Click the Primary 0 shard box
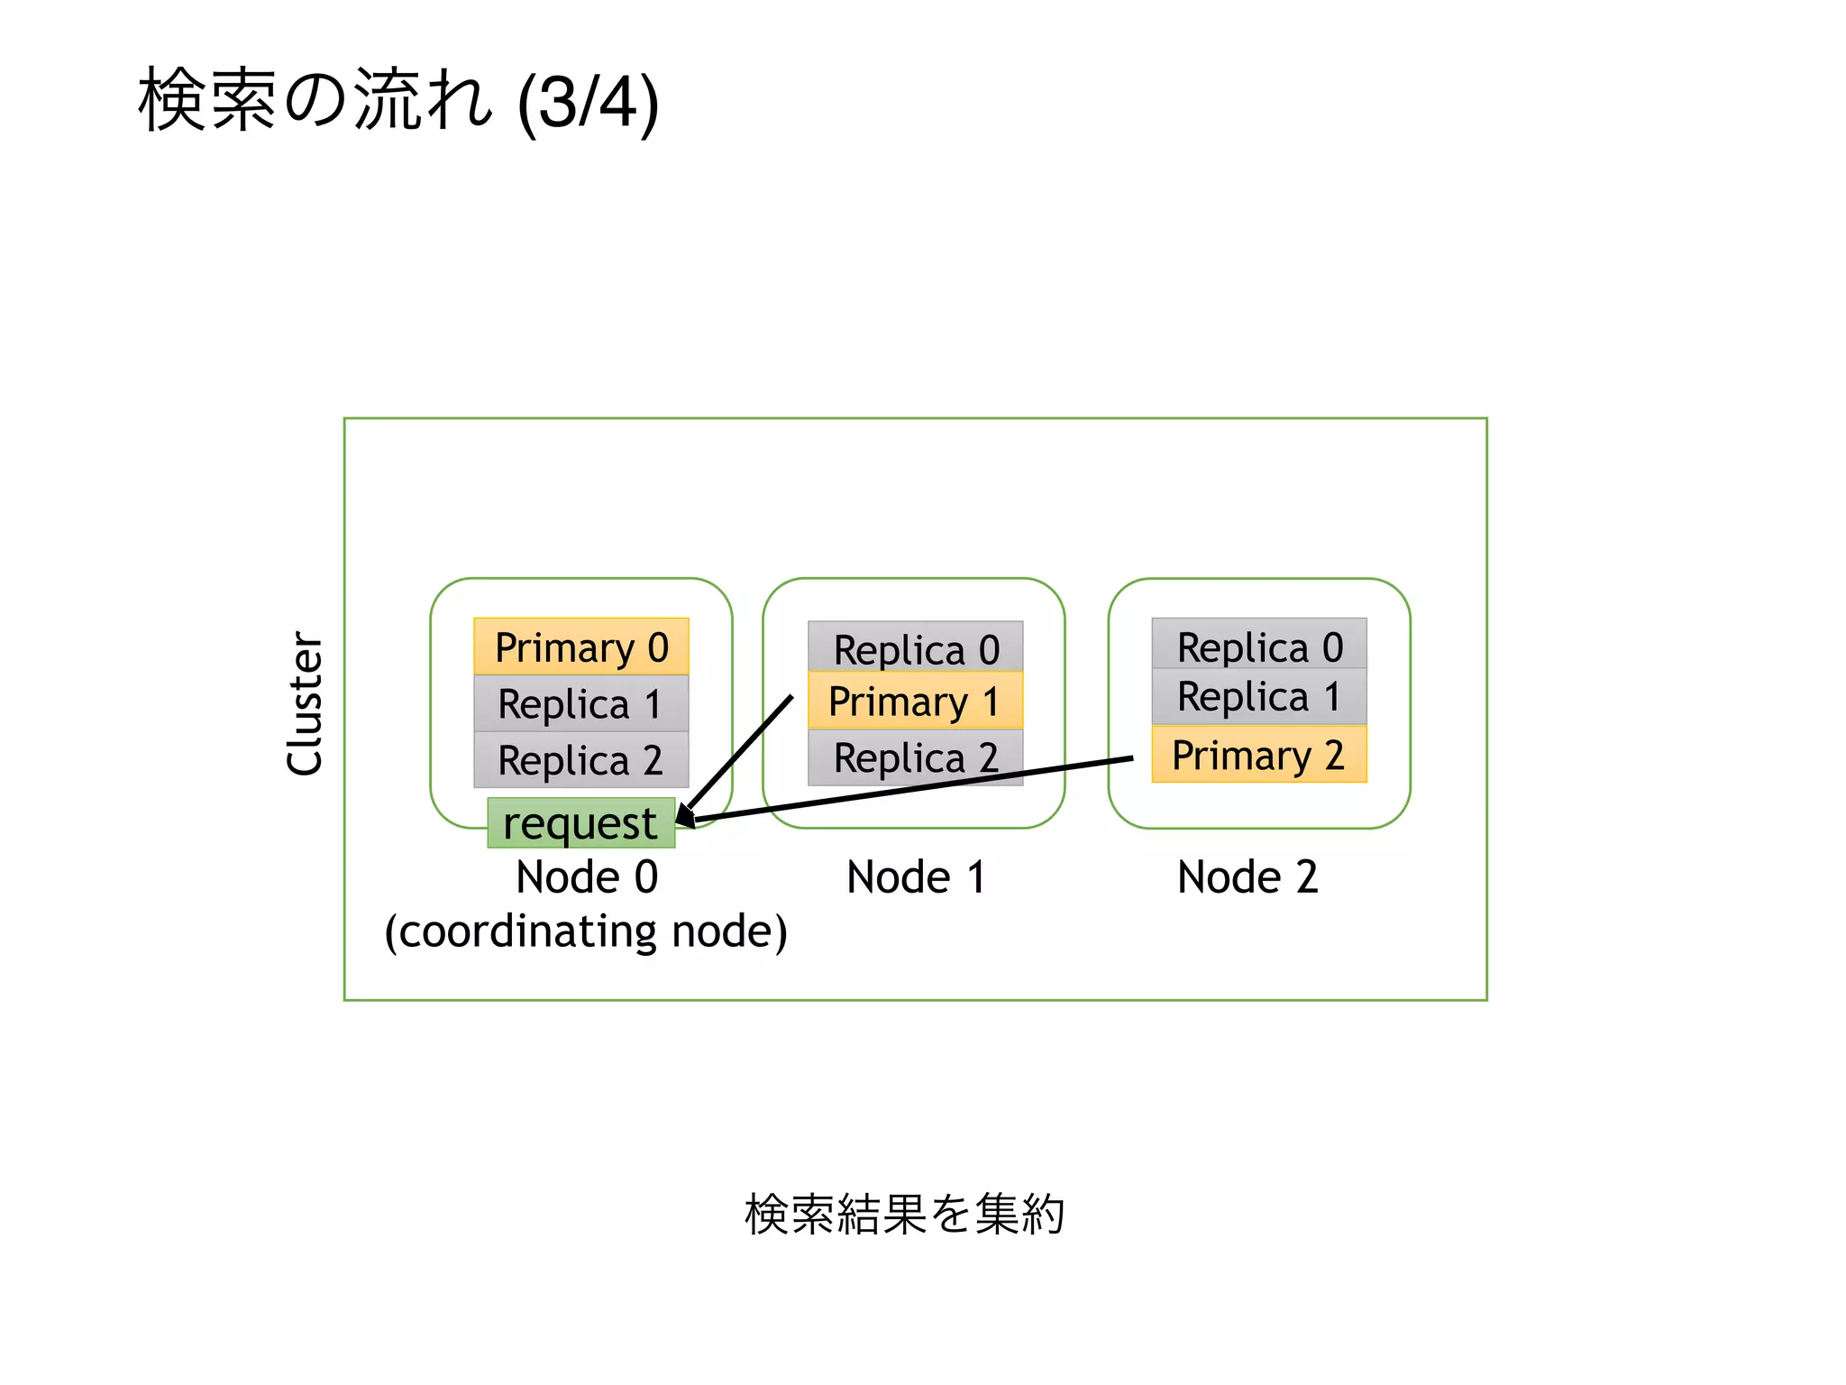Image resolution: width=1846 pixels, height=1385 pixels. pyautogui.click(x=580, y=647)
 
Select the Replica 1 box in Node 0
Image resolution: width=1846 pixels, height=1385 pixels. pyautogui.click(x=580, y=703)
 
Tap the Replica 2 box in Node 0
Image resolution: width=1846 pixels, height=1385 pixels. pyautogui.click(x=580, y=759)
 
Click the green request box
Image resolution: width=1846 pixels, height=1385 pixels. pyautogui.click(x=580, y=822)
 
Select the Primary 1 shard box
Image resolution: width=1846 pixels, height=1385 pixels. pyautogui.click(x=915, y=701)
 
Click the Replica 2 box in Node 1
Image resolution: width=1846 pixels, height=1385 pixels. pyautogui.click(x=915, y=757)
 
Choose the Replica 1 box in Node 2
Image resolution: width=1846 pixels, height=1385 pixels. pyautogui.click(x=1258, y=696)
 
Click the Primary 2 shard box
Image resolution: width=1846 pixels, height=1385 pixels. pyautogui.click(x=1258, y=755)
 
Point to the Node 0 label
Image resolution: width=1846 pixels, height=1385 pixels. pyautogui.click(x=587, y=876)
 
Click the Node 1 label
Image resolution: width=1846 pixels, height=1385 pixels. pyautogui.click(x=916, y=876)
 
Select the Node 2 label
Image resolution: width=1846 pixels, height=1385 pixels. pyautogui.click(x=1247, y=876)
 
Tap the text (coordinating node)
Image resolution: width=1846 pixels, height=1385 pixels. pyautogui.click(x=586, y=931)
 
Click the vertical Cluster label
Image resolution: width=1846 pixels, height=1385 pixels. pyautogui.click(x=305, y=703)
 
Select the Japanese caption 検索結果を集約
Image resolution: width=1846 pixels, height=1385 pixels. pyautogui.click(x=904, y=1214)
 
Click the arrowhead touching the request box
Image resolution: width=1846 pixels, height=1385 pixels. pyautogui.click(x=685, y=815)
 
